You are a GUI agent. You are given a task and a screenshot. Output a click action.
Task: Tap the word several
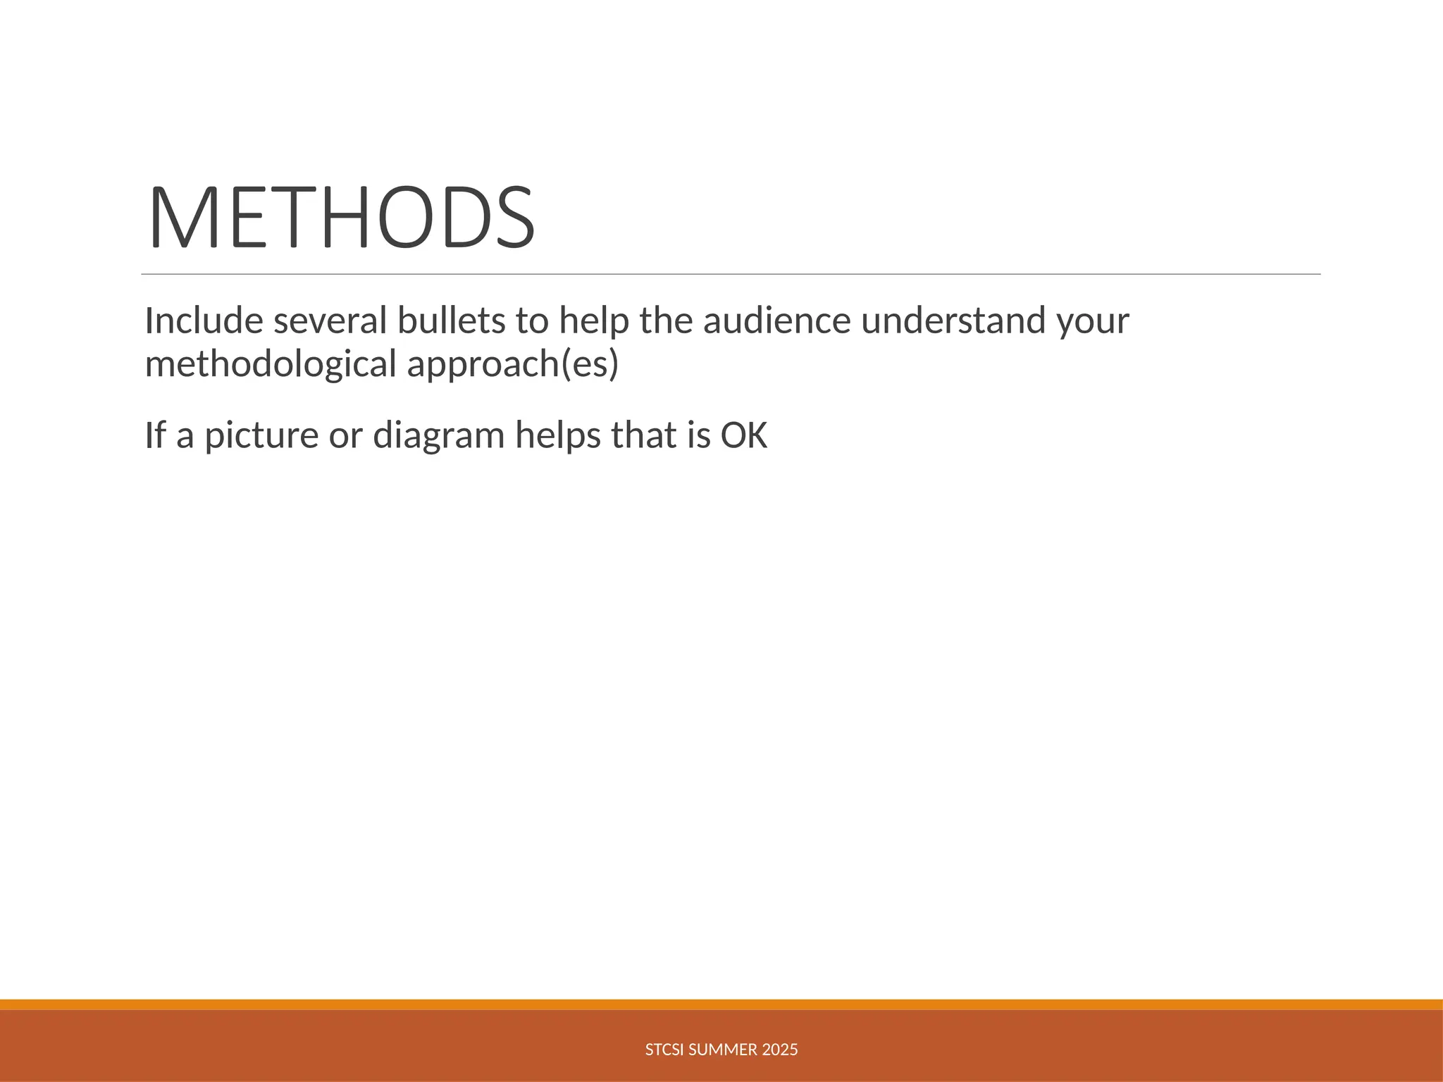pos(330,321)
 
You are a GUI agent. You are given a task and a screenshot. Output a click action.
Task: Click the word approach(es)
pos(513,364)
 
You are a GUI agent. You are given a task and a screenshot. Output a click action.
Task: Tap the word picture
pos(261,435)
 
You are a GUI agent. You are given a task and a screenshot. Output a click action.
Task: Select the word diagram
pos(438,435)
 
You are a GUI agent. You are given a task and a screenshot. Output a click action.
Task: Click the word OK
pos(743,435)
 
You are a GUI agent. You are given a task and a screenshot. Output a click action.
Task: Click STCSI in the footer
pos(664,1050)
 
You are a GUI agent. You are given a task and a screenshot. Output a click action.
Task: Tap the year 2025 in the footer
pos(780,1050)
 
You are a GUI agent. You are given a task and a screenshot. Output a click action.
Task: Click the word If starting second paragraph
pos(155,435)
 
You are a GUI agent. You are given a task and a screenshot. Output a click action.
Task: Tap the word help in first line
pos(594,321)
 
